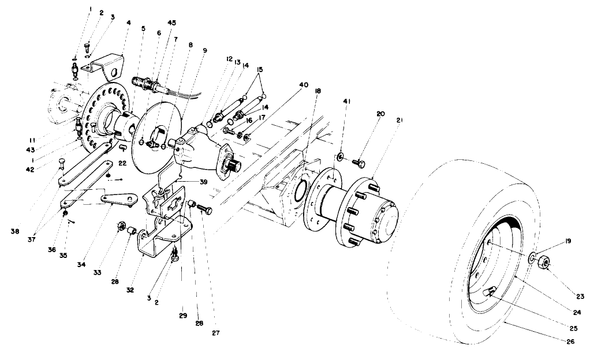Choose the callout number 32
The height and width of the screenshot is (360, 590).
point(130,290)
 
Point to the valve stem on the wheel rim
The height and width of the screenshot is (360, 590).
point(490,292)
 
